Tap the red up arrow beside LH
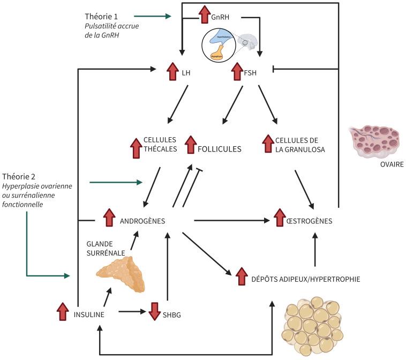[172, 72]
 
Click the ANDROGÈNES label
[142, 221]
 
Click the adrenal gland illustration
[122, 273]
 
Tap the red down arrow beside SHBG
[154, 311]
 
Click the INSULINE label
[89, 315]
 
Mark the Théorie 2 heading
[19, 176]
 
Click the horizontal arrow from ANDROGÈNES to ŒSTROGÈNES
[231, 220]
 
